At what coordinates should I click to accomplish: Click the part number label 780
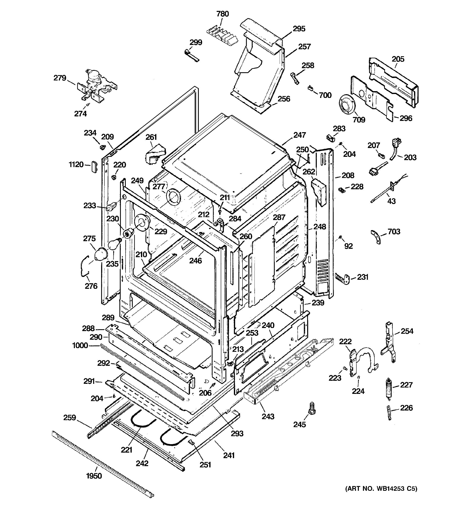point(223,14)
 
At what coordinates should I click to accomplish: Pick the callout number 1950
point(94,476)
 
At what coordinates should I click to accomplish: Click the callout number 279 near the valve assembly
point(60,78)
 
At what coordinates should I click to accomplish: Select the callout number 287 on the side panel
point(279,217)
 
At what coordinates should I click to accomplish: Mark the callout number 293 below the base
point(237,433)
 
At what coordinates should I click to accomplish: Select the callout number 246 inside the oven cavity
point(196,260)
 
